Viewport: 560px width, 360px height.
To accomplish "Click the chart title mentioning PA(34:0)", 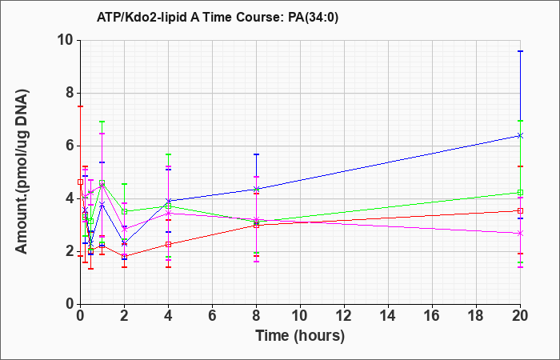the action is tap(217, 17).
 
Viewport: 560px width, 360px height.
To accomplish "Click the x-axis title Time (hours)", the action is tap(300, 336).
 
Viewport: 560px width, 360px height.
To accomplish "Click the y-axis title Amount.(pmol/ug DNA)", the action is tap(22, 171).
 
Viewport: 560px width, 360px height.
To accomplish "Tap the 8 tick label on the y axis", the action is tap(70, 94).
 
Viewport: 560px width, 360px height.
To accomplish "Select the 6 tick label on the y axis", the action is tap(70, 146).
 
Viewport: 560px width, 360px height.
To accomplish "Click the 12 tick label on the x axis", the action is tap(344, 316).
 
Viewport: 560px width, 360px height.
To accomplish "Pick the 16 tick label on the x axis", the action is tap(432, 316).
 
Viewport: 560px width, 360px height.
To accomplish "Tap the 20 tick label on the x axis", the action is tap(520, 316).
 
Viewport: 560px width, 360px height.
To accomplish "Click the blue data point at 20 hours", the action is tap(520, 135).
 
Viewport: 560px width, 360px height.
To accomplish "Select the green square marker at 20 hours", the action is tap(520, 193).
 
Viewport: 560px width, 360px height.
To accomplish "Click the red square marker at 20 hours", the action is tap(520, 210).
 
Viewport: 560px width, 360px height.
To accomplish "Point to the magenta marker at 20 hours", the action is tap(520, 234).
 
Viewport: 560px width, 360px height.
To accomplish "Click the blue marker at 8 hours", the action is tap(256, 189).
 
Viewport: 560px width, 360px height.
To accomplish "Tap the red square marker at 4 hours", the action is tap(168, 244).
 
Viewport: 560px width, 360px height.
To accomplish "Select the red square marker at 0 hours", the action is tap(80, 182).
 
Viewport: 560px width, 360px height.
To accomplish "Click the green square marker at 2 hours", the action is tap(124, 211).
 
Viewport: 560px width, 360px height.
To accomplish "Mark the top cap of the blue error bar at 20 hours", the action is tap(520, 51).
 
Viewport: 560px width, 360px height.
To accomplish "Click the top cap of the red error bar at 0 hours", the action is tap(80, 106).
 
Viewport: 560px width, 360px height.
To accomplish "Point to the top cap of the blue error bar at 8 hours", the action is tap(256, 154).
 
